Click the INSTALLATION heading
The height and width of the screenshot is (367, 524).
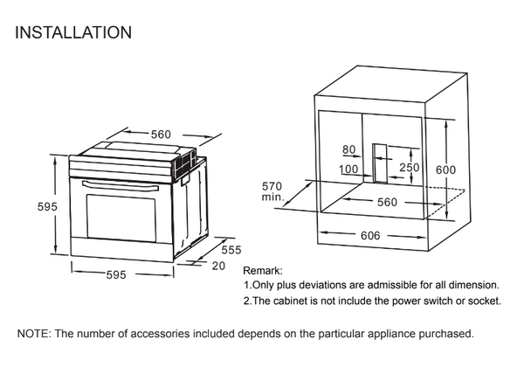coord(73,33)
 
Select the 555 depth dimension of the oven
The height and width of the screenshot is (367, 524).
coord(230,250)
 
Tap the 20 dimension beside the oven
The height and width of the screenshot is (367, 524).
coord(218,265)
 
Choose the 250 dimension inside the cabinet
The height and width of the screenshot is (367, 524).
coord(410,167)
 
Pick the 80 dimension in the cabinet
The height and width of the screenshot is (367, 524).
coord(350,151)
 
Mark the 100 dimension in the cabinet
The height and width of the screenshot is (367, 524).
coord(349,169)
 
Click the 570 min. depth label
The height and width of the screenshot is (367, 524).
coord(273,191)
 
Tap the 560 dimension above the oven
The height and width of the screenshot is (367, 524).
coord(161,135)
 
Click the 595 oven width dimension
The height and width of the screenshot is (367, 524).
coord(117,274)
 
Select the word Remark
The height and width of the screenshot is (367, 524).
coord(261,272)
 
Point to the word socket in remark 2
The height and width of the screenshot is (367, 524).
coord(482,301)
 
